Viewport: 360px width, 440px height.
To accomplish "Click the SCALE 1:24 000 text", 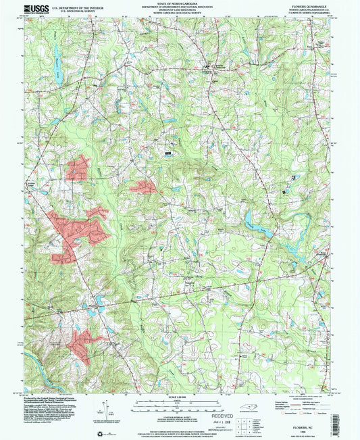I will tap(179, 396).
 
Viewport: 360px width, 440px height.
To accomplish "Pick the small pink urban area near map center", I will tap(143, 186).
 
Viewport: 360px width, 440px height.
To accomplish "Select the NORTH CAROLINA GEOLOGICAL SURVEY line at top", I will tap(180, 20).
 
